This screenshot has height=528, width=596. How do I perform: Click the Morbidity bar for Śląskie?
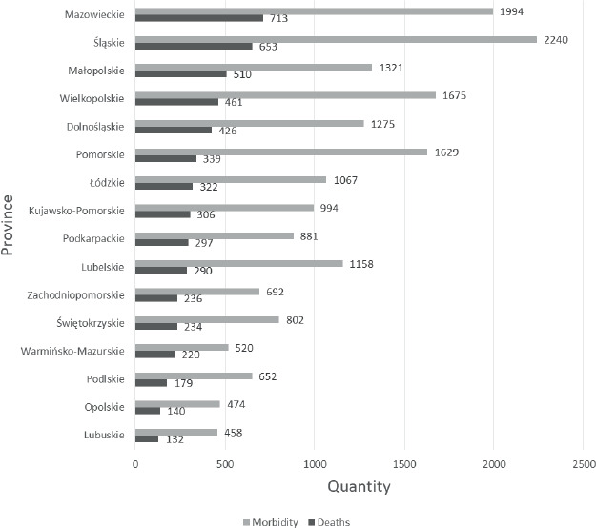(x=336, y=39)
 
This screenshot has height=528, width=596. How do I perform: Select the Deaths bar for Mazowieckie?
(x=199, y=18)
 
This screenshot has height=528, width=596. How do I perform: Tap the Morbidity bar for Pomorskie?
(x=281, y=152)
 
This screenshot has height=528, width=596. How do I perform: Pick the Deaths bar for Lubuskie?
(x=147, y=438)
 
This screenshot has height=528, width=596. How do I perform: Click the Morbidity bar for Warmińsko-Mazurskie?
(x=182, y=348)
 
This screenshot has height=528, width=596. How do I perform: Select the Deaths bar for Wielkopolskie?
(x=176, y=102)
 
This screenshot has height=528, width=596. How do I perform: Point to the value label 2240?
(x=556, y=40)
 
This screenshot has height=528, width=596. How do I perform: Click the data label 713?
(x=279, y=18)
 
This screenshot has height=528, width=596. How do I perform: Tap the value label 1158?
(x=361, y=264)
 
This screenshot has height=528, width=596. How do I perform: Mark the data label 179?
(x=184, y=383)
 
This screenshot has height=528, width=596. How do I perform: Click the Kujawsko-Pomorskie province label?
(x=76, y=211)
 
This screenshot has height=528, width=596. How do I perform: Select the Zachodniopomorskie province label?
(x=75, y=295)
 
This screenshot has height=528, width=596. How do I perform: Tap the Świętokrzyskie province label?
(x=91, y=323)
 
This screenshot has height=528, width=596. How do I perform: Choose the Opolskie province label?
(x=105, y=407)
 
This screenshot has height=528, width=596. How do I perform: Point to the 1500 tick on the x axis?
(x=404, y=464)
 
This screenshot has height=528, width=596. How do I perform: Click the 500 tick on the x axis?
(x=225, y=464)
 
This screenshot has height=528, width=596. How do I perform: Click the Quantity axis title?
(x=360, y=487)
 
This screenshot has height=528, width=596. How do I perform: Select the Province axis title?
(x=8, y=225)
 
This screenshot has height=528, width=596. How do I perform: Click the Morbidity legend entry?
(x=270, y=522)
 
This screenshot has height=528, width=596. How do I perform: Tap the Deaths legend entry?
(x=329, y=522)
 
